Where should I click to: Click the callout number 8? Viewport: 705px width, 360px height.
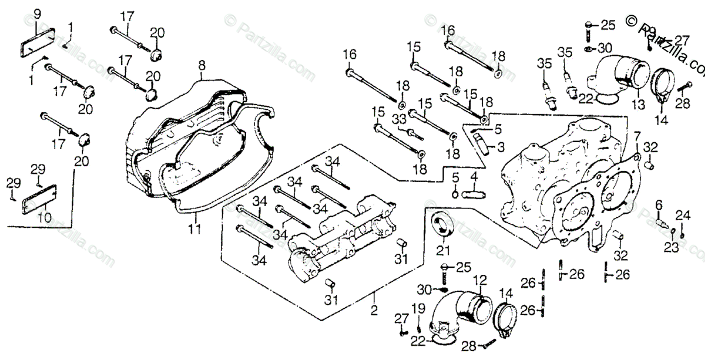point(202,64)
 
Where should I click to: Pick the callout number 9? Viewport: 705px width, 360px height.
point(38,14)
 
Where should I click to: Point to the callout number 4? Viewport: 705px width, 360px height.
point(475,176)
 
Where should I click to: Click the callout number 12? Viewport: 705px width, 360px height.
point(480,280)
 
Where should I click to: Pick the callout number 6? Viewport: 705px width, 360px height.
point(659,204)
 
